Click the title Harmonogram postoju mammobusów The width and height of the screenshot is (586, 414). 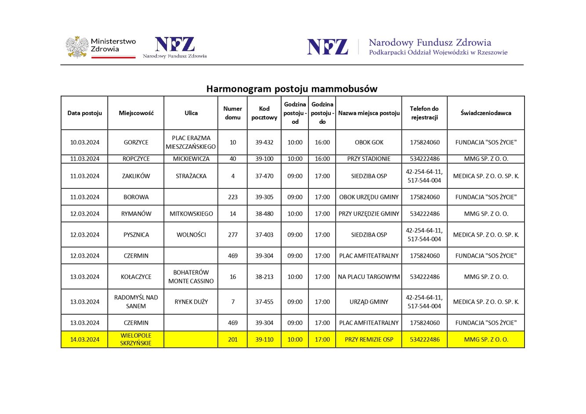point(292,89)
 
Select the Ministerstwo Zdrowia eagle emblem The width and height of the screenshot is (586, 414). point(77,47)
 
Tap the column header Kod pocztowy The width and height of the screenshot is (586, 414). point(264,113)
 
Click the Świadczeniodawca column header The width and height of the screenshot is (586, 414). point(485,113)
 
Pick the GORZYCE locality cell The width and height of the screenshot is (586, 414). point(136,142)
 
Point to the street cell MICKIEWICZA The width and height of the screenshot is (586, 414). point(191,158)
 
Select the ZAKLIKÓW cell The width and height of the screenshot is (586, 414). point(136,176)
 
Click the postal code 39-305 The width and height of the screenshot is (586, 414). point(264,197)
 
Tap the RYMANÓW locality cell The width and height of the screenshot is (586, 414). point(136,214)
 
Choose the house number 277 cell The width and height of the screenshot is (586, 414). point(232,235)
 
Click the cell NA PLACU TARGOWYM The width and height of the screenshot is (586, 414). point(369,277)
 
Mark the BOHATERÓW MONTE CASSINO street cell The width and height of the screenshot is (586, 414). point(191,277)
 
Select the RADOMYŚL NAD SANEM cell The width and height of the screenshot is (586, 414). point(136,302)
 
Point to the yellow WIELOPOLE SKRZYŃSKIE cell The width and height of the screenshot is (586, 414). point(136,339)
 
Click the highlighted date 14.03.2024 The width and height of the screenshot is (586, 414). point(84,339)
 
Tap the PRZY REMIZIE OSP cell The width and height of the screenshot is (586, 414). point(369,339)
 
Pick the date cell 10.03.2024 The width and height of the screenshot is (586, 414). point(84,142)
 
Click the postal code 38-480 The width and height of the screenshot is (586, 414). point(264,214)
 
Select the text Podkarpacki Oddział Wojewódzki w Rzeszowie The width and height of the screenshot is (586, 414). point(438,53)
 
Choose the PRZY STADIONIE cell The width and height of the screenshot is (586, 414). point(369,158)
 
